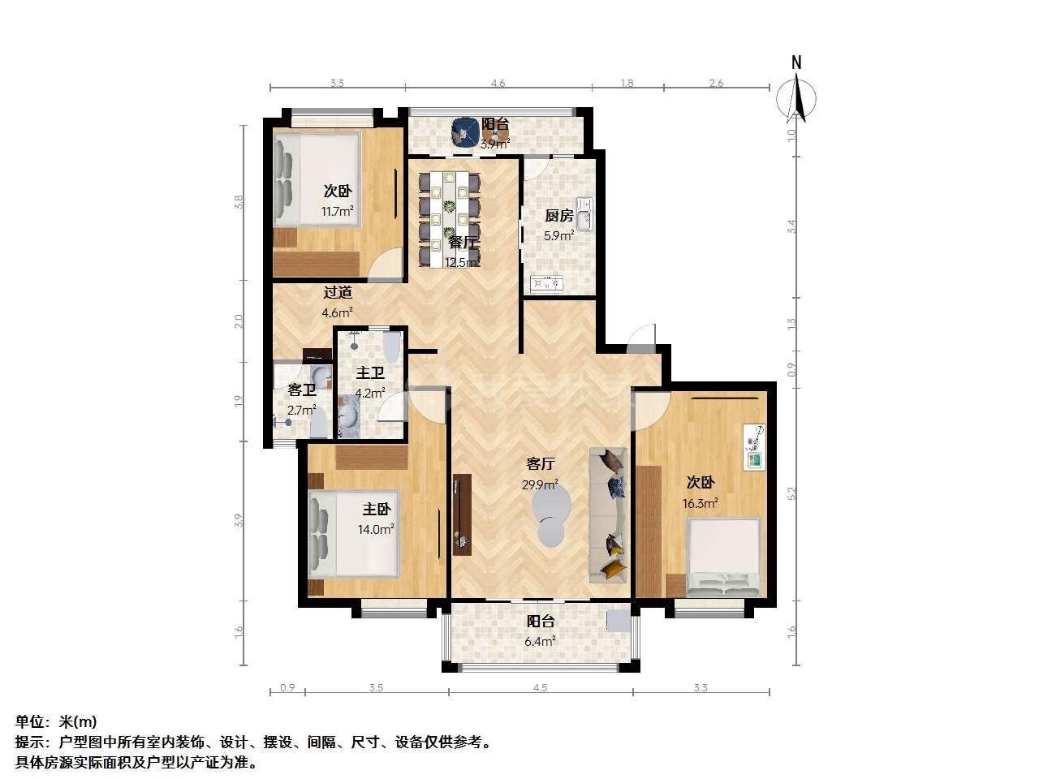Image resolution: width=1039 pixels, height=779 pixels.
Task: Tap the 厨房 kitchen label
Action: tap(559, 216)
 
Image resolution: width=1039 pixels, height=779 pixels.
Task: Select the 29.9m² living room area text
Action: tap(540, 484)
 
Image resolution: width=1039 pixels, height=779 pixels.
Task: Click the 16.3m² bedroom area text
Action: tap(700, 503)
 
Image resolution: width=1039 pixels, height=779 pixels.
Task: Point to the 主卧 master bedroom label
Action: tap(377, 509)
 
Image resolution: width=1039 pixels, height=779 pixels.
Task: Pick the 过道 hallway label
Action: tap(338, 292)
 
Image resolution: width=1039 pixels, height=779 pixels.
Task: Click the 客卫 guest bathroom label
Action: tap(302, 389)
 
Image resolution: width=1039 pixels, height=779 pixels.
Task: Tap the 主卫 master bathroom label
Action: tap(370, 372)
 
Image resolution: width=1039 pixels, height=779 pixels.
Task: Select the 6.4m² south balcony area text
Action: tap(540, 641)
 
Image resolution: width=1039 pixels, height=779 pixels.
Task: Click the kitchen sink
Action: tap(585, 215)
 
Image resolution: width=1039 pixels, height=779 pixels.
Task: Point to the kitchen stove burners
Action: tap(547, 283)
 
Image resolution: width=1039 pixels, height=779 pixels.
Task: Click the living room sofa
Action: tap(608, 515)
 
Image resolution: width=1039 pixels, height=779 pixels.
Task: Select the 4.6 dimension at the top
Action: tap(498, 84)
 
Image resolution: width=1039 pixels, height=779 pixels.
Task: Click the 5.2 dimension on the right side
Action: tap(792, 494)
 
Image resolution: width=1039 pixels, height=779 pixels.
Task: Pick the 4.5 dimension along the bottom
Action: tap(540, 688)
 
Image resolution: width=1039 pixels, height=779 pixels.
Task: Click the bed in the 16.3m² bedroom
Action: tap(723, 557)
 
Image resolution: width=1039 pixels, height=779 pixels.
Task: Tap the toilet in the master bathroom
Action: tap(392, 346)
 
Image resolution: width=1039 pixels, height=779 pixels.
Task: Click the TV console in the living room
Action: tap(462, 514)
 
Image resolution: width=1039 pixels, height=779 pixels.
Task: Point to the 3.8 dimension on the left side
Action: tap(239, 202)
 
